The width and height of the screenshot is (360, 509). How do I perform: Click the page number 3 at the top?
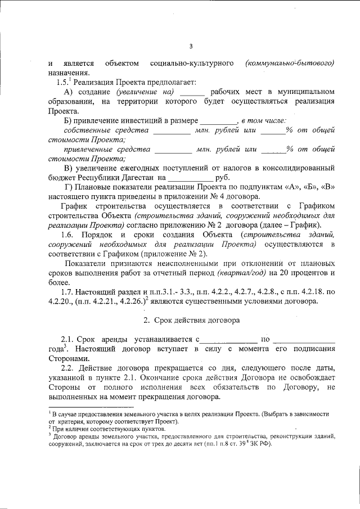point(191,46)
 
